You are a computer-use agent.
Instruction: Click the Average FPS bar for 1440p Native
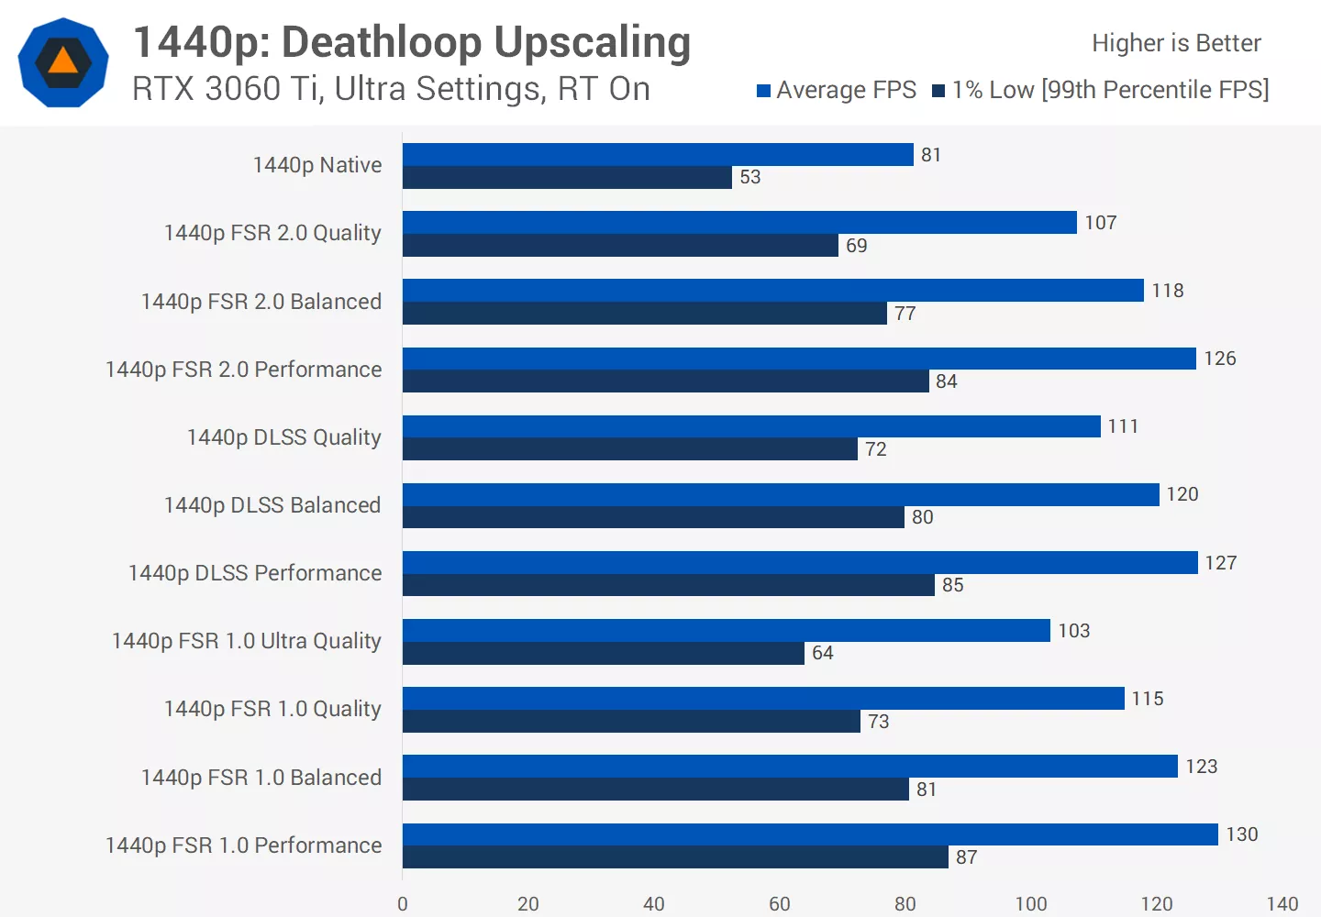point(658,154)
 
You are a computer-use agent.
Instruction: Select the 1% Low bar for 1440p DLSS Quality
point(629,449)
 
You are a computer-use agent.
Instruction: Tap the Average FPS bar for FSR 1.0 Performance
point(810,834)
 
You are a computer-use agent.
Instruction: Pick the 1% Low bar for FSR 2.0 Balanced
point(644,314)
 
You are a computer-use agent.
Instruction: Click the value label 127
point(1221,563)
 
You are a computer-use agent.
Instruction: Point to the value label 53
point(750,177)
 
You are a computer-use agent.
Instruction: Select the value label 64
point(823,653)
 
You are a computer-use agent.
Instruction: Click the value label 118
point(1168,291)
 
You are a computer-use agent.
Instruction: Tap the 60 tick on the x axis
point(779,904)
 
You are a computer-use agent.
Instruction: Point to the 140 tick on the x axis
point(1282,904)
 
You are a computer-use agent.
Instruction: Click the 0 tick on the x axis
point(403,904)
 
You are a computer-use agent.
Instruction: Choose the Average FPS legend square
point(763,91)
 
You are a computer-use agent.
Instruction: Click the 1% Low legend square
point(938,91)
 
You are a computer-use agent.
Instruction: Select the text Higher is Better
point(1176,43)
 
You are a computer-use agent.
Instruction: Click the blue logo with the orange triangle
point(63,62)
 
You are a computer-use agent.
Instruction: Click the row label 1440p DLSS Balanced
point(272,505)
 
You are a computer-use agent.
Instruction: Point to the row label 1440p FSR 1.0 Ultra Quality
point(246,641)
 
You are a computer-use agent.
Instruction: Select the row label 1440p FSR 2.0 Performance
point(243,370)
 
